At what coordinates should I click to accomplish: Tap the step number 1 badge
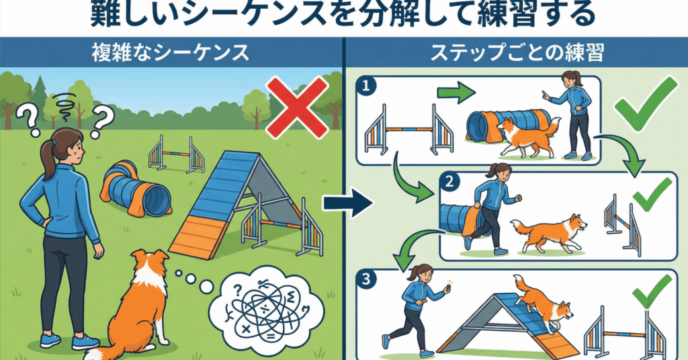(364, 87)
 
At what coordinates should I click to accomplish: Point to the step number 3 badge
(364, 278)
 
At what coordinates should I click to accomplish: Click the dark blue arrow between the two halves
(351, 203)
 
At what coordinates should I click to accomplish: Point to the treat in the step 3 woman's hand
(445, 289)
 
